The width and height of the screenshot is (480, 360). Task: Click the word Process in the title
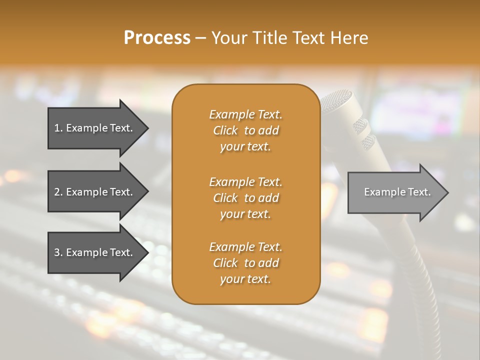point(157,38)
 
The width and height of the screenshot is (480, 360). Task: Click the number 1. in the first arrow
point(58,128)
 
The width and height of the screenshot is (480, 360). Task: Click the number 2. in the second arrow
point(58,192)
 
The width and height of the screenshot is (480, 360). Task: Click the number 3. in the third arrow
point(58,252)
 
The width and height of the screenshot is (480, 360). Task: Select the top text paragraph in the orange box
point(245,130)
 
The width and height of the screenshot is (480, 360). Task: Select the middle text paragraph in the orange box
point(245,197)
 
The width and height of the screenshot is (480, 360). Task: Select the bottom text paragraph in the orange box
point(245,263)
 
